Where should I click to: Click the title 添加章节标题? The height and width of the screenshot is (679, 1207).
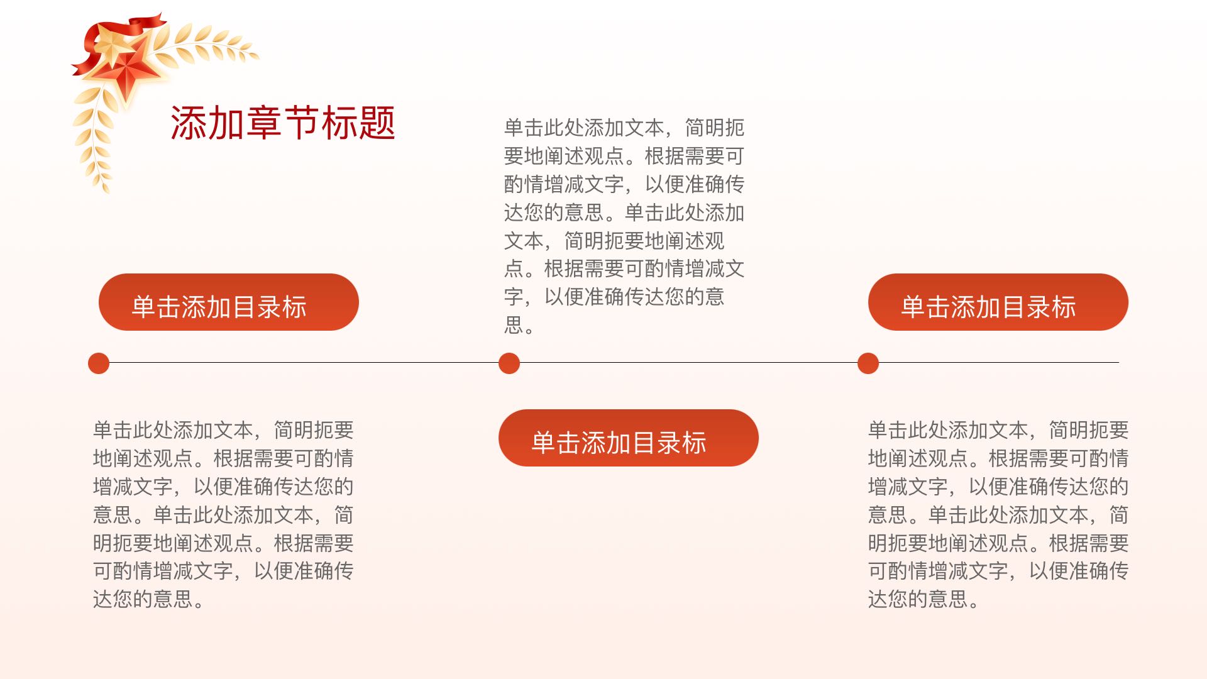click(x=283, y=123)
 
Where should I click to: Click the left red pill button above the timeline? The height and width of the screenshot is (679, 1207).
click(x=229, y=302)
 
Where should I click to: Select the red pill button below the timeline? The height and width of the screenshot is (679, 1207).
click(x=629, y=438)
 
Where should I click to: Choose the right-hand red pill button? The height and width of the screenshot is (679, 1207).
click(x=998, y=302)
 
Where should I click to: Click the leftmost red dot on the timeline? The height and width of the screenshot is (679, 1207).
click(x=99, y=363)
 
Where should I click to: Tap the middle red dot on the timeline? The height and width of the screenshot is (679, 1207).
click(x=509, y=363)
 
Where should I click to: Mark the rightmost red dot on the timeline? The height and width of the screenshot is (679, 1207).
click(x=868, y=363)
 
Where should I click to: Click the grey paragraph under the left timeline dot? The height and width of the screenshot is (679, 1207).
click(x=224, y=515)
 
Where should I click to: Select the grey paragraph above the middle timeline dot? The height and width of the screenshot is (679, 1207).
click(x=624, y=226)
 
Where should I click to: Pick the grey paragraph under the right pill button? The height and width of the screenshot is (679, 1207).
click(x=998, y=515)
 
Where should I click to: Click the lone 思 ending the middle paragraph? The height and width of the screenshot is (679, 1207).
click(x=514, y=325)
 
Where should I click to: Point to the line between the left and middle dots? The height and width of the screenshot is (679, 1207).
click(x=304, y=363)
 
